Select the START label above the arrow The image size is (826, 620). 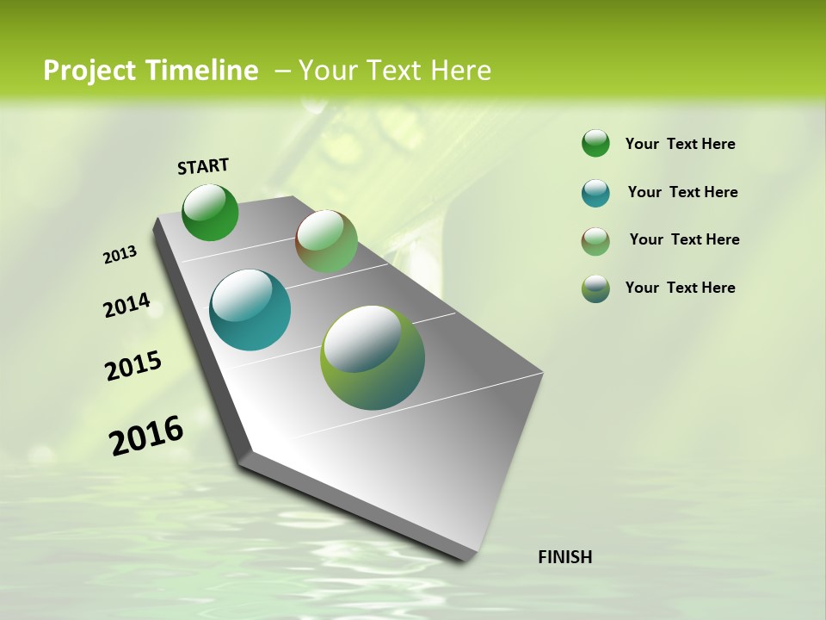203,166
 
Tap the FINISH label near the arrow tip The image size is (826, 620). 564,557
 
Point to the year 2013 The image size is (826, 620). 120,255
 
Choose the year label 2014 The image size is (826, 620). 126,306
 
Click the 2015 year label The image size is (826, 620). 133,366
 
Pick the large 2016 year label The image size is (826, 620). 146,436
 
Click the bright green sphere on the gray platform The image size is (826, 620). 210,213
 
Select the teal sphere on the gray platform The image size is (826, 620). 250,310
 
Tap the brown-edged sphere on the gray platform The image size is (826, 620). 326,241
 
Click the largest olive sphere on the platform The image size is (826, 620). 373,357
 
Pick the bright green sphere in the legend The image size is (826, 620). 595,143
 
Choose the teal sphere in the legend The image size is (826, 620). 595,193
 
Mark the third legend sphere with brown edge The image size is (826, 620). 595,241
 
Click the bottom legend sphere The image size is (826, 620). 595,288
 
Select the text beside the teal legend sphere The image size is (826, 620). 682,192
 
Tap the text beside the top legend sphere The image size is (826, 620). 680,144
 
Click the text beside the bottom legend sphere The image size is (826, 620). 680,288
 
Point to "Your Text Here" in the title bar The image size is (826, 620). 395,71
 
